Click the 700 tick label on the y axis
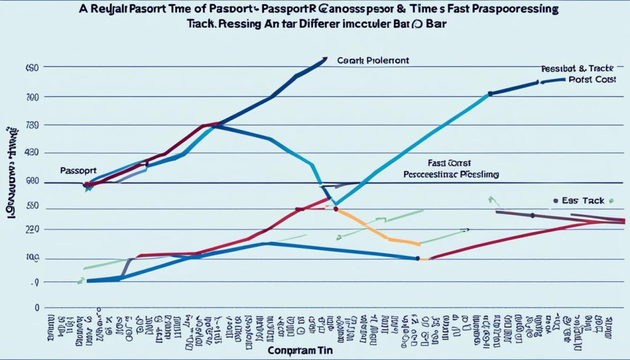point(33,97)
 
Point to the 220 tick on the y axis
point(32,229)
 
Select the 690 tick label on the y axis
point(32,182)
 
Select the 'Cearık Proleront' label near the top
point(373,61)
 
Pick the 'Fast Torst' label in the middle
point(449,163)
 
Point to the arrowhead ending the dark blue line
point(325,59)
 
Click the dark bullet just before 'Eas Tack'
point(556,201)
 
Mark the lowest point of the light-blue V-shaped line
point(334,204)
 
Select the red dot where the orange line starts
point(336,209)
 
